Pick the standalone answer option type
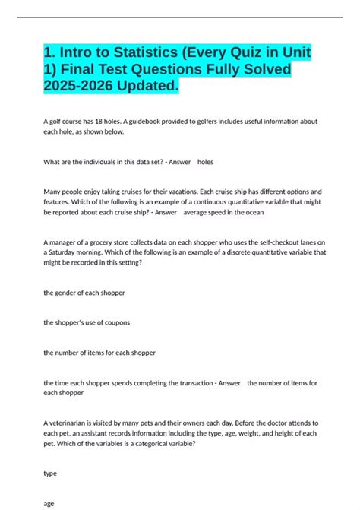coord(50,472)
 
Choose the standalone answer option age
coord(49,502)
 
